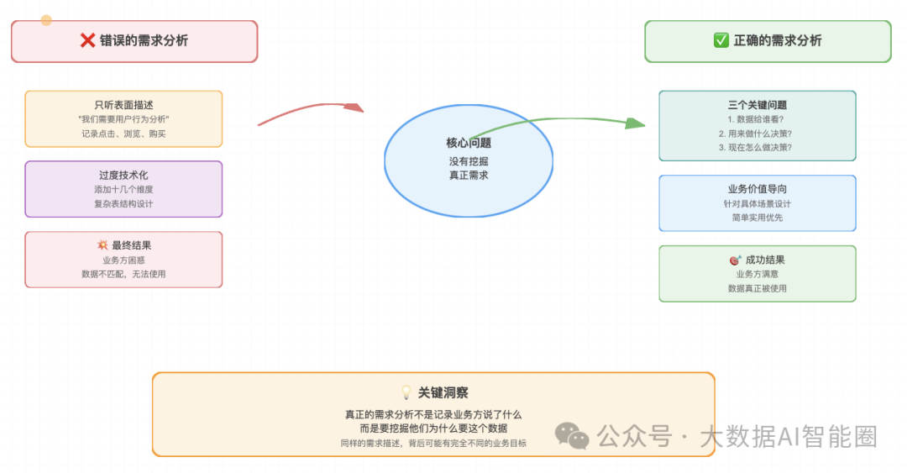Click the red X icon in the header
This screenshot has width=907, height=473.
tap(87, 40)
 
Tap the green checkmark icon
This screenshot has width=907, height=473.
tap(721, 40)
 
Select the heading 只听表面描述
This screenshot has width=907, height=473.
tap(123, 105)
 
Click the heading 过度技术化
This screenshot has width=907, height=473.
tap(123, 175)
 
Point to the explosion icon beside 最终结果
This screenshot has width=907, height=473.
tap(102, 244)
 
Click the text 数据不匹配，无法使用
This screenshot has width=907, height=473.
tap(123, 274)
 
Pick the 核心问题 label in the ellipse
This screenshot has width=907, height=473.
tap(469, 143)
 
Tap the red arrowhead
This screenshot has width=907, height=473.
tap(354, 108)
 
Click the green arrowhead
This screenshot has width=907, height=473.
tap(635, 123)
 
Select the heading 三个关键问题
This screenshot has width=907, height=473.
tap(758, 105)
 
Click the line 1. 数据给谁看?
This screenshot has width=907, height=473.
tap(756, 119)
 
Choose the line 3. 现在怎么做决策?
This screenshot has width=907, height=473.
tap(756, 147)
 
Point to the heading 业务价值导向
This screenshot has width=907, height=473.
tap(758, 189)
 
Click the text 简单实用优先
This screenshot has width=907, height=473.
tap(758, 218)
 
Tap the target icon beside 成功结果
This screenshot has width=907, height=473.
tap(735, 260)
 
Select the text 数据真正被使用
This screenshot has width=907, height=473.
tap(758, 288)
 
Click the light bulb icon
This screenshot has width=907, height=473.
tap(406, 392)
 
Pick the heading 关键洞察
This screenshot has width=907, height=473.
tap(443, 392)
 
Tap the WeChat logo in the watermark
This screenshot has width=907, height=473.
tap(572, 436)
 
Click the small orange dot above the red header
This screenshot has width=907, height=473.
tap(46, 20)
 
